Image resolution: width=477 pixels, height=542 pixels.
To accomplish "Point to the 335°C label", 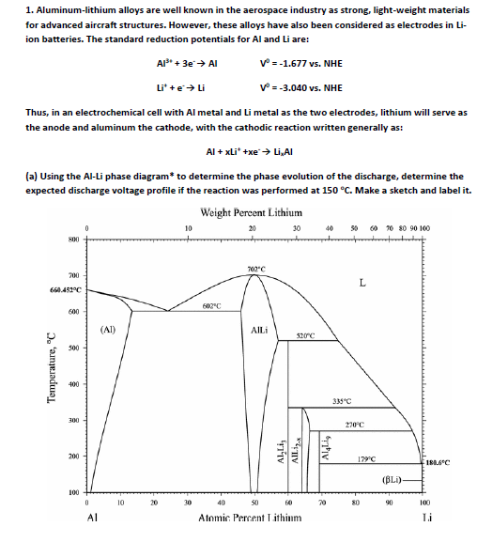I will [x=341, y=401].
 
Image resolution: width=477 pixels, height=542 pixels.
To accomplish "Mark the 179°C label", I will [x=374, y=459].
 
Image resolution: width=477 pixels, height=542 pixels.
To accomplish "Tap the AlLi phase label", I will [x=263, y=330].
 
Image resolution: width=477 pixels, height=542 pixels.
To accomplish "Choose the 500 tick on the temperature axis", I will [x=72, y=347].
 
